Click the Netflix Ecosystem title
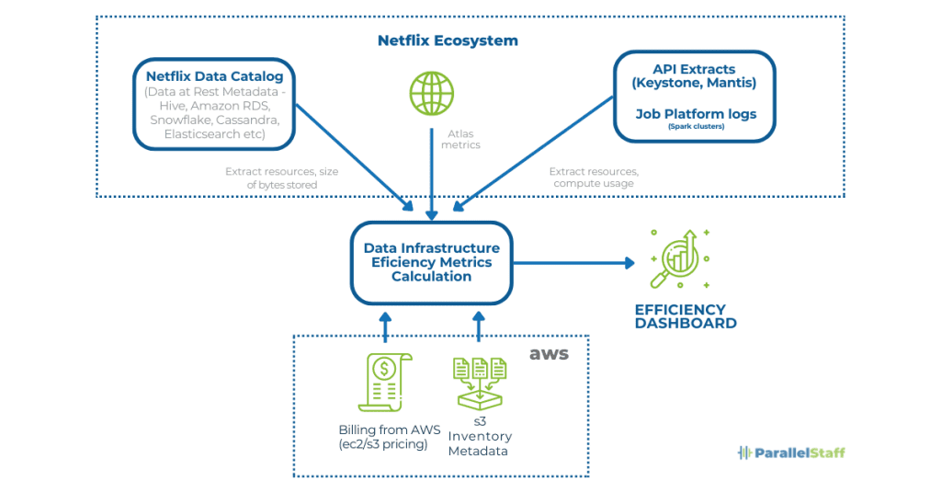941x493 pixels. coord(448,40)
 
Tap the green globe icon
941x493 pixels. coord(431,93)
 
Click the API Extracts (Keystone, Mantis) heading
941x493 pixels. coord(693,76)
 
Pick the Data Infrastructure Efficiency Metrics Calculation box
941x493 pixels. coord(431,262)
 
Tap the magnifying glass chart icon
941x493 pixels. coord(677,260)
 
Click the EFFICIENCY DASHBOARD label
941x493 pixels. coord(685,316)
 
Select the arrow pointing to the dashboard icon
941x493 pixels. coord(573,263)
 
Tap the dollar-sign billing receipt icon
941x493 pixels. coord(383,382)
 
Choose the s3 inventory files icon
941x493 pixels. coord(479,382)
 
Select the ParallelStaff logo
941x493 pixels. coord(791,453)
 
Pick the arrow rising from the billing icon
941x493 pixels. coord(385,327)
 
